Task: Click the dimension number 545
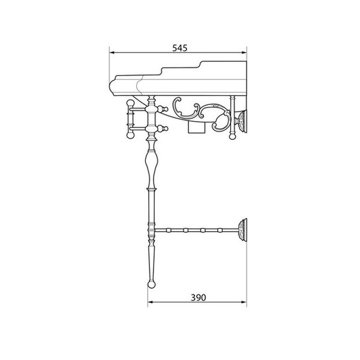point(180,48)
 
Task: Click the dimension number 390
point(199,298)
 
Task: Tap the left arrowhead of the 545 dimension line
point(112,53)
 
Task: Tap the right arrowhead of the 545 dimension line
point(244,53)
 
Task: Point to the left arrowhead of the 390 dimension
point(151,302)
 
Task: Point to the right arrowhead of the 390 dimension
point(244,302)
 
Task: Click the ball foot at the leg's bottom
point(151,284)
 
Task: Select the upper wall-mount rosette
point(242,121)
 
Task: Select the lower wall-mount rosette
point(242,230)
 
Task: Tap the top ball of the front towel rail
point(130,103)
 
